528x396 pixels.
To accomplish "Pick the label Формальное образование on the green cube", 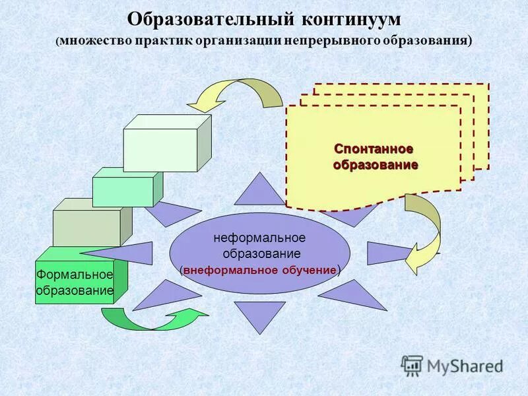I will coord(75,282).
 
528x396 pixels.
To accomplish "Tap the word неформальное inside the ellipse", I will coord(259,238).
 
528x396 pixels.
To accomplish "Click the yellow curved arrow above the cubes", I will coord(238,94).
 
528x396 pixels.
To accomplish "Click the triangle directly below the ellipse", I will coord(259,315).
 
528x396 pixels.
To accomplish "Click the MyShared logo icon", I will coord(411,364).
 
